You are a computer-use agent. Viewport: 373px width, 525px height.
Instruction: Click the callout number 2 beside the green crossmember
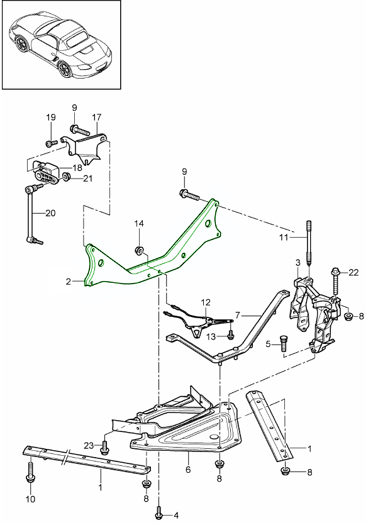(69, 282)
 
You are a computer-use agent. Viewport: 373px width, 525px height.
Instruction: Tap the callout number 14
(139, 223)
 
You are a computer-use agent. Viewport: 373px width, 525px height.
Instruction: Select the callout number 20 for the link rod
(50, 213)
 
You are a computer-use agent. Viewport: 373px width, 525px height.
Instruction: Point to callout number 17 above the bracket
(96, 118)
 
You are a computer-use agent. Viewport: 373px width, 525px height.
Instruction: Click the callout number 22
(354, 272)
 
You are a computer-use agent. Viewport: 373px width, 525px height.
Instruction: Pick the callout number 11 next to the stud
(284, 238)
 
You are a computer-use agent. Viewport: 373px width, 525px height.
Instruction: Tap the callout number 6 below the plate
(188, 470)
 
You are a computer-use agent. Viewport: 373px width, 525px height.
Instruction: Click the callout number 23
(89, 446)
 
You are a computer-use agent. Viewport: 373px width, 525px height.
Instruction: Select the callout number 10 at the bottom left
(30, 499)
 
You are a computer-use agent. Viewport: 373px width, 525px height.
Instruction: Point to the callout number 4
(177, 514)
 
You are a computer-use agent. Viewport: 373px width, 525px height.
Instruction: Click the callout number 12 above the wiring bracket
(206, 302)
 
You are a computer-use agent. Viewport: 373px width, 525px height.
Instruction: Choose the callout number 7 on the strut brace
(238, 315)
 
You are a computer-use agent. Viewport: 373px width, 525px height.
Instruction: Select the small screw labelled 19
(50, 143)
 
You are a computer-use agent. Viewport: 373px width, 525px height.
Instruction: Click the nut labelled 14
(139, 250)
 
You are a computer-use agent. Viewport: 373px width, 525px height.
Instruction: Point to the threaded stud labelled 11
(308, 243)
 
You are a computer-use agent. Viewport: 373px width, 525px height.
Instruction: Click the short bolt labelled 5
(283, 341)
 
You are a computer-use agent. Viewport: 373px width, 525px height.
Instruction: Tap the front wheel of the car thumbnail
(64, 69)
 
